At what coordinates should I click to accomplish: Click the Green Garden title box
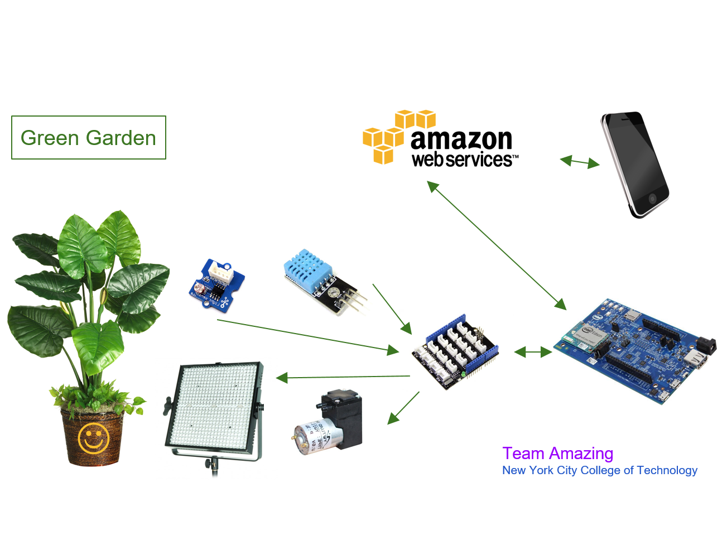tap(89, 138)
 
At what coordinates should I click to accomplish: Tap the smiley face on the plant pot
tap(93, 438)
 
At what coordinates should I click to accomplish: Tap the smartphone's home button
tap(652, 198)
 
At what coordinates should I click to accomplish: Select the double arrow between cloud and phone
tap(580, 162)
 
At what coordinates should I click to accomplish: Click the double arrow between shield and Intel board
tap(533, 352)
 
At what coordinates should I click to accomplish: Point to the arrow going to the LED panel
tap(343, 378)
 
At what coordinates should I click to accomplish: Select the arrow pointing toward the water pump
tap(403, 408)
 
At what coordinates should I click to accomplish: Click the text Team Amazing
tap(557, 454)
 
